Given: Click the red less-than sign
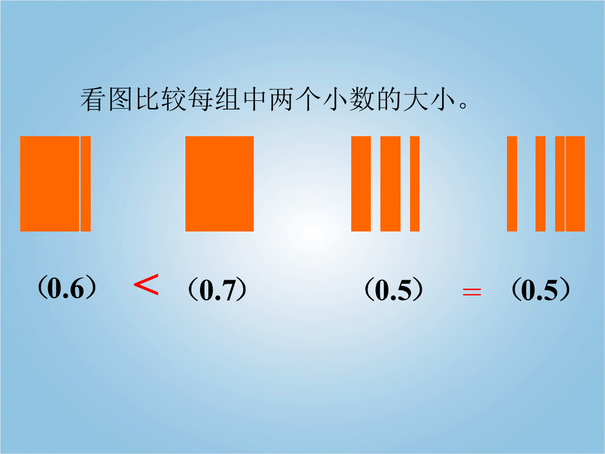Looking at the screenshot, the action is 146,285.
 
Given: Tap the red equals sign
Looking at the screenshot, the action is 472,291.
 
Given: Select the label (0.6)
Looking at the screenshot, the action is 67,288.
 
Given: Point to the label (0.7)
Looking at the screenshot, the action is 217,290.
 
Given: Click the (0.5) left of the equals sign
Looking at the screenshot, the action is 394,290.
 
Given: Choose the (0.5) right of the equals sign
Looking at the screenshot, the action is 541,290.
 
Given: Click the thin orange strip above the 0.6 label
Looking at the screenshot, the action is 86,184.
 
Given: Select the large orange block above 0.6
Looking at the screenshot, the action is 49,184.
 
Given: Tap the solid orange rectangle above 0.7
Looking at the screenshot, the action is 220,184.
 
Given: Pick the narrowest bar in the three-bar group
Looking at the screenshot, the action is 415,184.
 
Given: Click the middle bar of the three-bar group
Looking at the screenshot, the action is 390,184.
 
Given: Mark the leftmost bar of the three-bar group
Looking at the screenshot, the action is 361,184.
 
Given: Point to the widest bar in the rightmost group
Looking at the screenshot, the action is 575,184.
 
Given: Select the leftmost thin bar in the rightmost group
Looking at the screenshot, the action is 512,184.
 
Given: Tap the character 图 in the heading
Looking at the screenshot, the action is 120,99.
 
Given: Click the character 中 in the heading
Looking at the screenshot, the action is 254,99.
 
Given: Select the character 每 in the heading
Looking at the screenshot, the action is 201,99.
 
